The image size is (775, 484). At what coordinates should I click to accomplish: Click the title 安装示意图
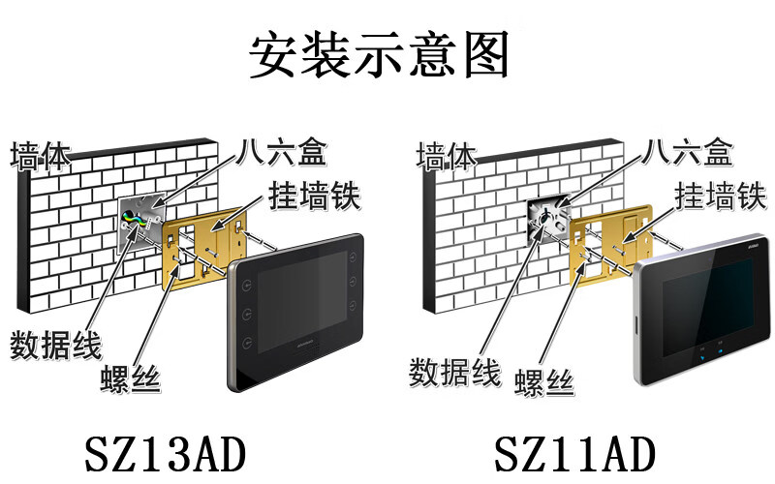[x=379, y=55]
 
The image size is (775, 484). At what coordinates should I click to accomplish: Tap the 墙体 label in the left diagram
[x=41, y=156]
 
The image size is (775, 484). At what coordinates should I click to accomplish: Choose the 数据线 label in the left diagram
[x=55, y=345]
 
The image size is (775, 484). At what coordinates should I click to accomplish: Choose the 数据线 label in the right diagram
[x=454, y=371]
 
